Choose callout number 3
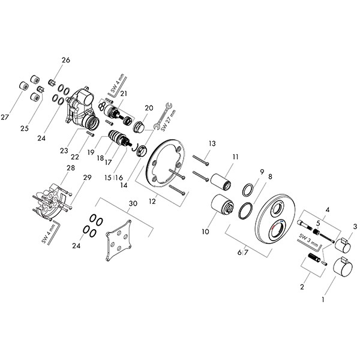(x=355, y=226)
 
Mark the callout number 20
(x=149, y=107)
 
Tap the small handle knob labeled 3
(x=344, y=247)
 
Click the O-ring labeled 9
(x=247, y=191)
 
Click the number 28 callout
(x=71, y=168)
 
